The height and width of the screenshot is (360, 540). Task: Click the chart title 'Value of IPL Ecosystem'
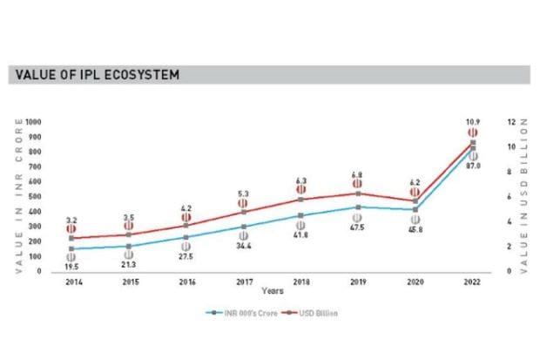pyautogui.click(x=97, y=75)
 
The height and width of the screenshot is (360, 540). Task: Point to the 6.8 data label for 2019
pyautogui.click(x=357, y=173)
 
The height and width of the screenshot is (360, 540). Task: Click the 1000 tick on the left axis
pyautogui.click(x=35, y=121)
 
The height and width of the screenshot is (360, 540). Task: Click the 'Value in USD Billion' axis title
pyautogui.click(x=524, y=196)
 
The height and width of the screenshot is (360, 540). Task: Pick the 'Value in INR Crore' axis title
pyautogui.click(x=18, y=196)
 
